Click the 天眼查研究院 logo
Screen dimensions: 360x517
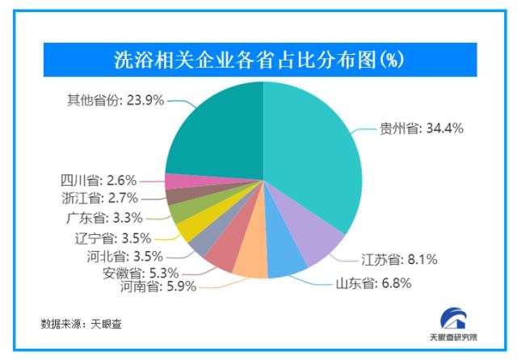(456, 324)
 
